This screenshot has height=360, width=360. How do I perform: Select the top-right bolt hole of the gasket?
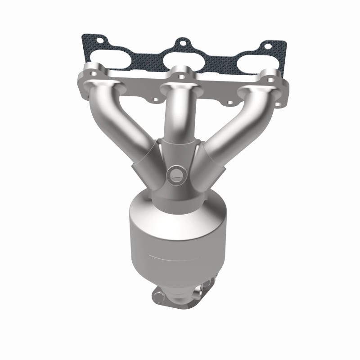click(x=268, y=46)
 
